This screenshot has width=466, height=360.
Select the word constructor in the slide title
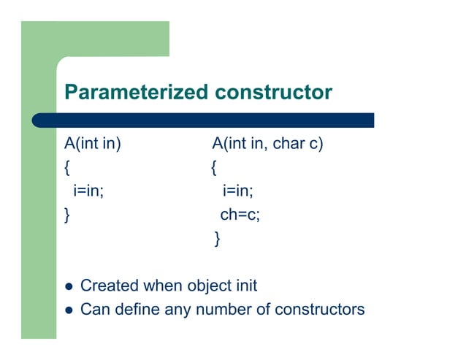[x=273, y=93]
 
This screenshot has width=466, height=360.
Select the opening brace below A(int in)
[x=67, y=168]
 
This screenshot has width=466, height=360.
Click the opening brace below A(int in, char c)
[x=213, y=168]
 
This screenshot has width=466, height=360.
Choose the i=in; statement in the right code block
[x=238, y=191]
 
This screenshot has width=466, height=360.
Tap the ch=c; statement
[x=240, y=215]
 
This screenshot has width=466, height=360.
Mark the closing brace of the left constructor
[x=67, y=215]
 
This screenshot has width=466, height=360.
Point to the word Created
[x=110, y=286]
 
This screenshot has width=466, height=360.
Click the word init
[x=245, y=286]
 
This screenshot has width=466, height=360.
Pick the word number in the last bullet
[x=224, y=310]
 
